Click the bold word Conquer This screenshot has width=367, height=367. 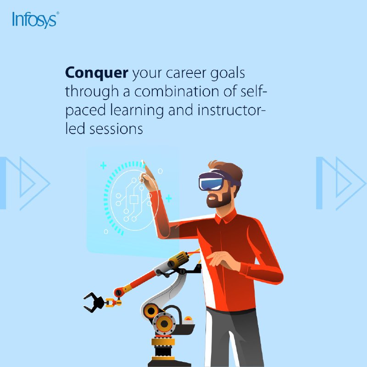97,73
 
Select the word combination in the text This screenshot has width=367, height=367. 177,91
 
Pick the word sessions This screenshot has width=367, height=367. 116,129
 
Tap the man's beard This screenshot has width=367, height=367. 219,200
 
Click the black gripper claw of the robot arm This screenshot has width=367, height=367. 94,302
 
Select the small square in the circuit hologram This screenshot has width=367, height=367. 134,200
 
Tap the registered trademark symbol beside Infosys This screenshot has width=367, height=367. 58,13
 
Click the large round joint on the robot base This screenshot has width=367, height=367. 164,324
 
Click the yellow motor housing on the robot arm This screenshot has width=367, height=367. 179,259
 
